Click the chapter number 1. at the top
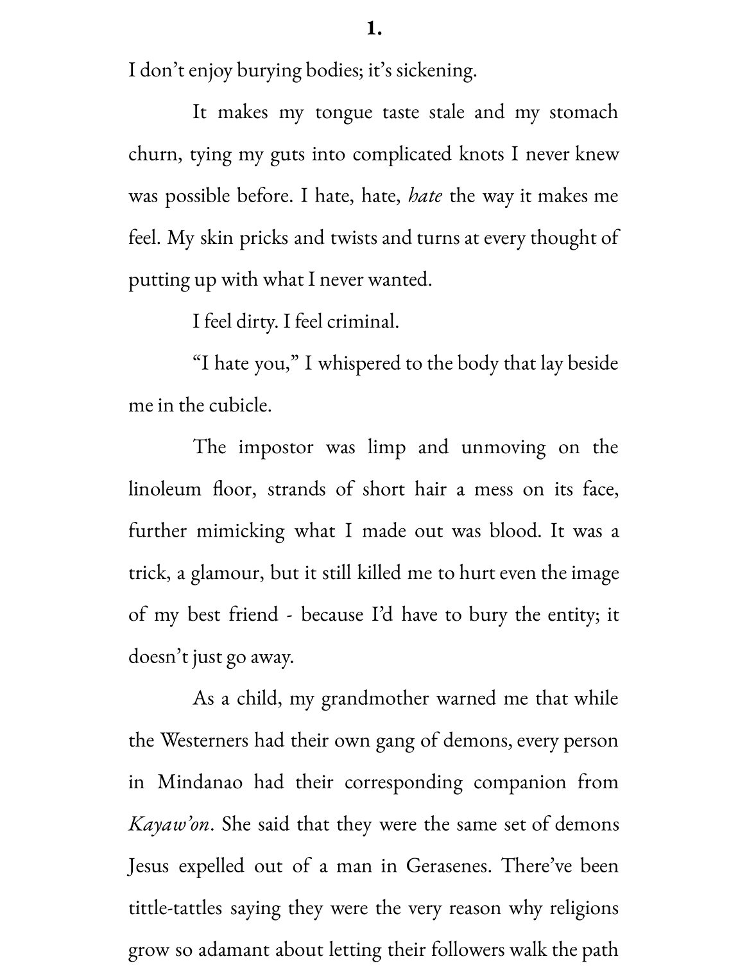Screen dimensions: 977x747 tap(374, 29)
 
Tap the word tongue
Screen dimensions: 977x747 tap(344, 112)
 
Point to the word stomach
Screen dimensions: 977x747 tap(583, 112)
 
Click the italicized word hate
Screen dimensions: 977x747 tap(425, 196)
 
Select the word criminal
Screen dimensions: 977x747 tap(363, 322)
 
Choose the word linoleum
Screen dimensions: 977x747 tap(165, 489)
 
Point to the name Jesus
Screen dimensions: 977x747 tap(149, 866)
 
